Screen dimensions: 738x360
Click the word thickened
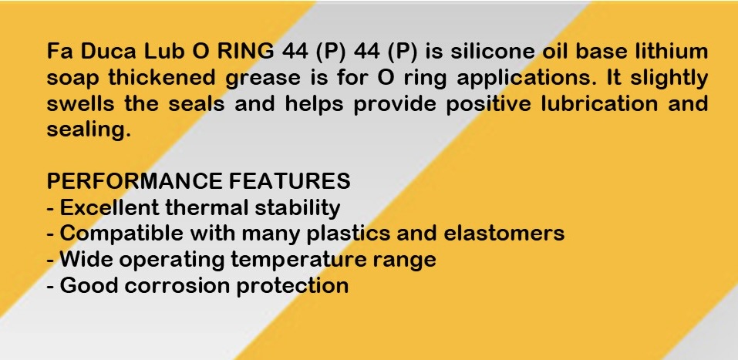point(162,77)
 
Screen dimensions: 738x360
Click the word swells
point(80,103)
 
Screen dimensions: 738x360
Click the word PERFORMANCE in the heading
point(134,181)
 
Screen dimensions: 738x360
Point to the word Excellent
point(110,207)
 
